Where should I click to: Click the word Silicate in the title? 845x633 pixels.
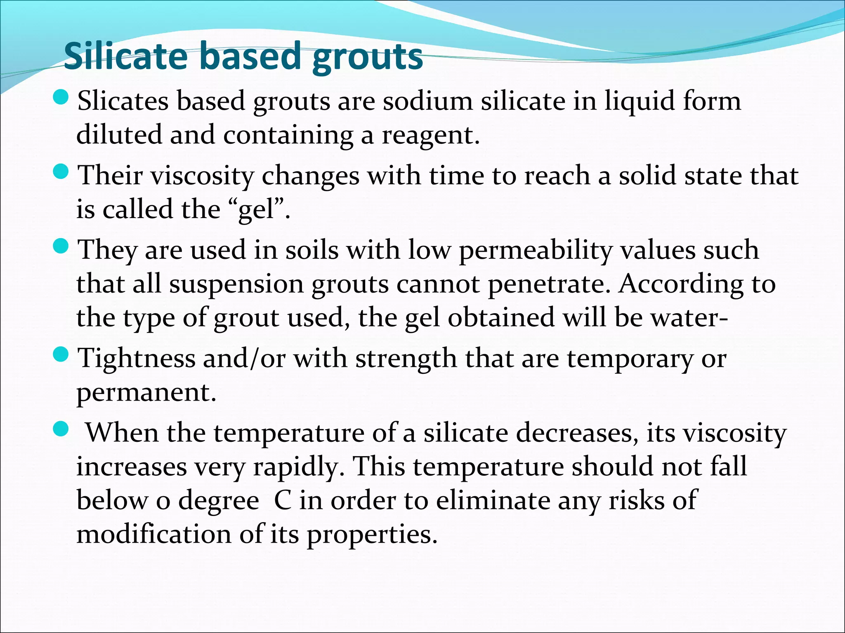pyautogui.click(x=126, y=56)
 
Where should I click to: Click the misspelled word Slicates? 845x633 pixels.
pyautogui.click(x=123, y=101)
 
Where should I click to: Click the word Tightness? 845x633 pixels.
pyautogui.click(x=137, y=358)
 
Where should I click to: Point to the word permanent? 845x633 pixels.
pyautogui.click(x=146, y=392)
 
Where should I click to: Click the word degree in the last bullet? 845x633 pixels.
pyautogui.click(x=218, y=501)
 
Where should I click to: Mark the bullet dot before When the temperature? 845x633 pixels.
pyautogui.click(x=61, y=430)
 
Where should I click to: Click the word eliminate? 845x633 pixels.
pyautogui.click(x=493, y=500)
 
